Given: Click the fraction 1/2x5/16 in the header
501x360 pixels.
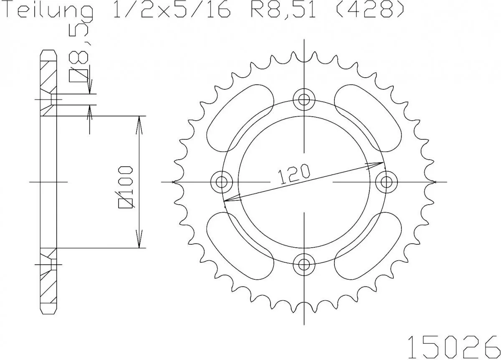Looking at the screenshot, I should click(x=171, y=10).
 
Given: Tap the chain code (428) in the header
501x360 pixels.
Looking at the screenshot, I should click(x=370, y=10).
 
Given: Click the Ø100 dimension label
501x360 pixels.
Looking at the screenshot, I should click(x=126, y=187).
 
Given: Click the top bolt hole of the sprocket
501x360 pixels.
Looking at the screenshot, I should click(x=304, y=99).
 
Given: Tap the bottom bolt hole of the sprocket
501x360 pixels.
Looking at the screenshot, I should click(x=304, y=264).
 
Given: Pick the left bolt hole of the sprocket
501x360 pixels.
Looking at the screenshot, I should click(x=221, y=182).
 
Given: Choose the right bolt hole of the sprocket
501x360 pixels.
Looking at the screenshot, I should click(x=386, y=182).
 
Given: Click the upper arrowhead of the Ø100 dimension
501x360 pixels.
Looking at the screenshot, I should click(x=139, y=123).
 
